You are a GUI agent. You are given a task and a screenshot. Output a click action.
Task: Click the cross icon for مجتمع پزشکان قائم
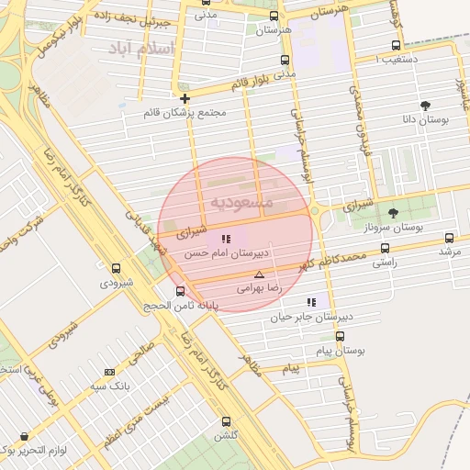click(x=185, y=98)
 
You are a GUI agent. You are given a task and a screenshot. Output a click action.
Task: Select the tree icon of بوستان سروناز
click(x=393, y=213)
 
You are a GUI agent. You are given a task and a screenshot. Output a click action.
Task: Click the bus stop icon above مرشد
click(x=449, y=237)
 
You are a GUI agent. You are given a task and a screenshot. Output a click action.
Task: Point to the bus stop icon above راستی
click(x=384, y=248)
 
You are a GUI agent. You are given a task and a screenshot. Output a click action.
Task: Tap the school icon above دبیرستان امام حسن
click(x=226, y=239)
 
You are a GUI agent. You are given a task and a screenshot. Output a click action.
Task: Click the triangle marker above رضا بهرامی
click(x=259, y=274)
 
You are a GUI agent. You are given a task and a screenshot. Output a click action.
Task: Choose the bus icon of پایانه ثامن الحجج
click(x=180, y=291)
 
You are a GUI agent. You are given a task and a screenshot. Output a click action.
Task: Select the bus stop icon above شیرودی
click(x=116, y=269)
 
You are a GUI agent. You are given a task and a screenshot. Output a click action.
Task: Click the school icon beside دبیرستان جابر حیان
click(x=311, y=301)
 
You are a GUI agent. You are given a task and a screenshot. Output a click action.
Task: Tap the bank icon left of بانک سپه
click(x=109, y=372)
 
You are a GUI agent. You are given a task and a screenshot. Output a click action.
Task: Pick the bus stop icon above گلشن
click(x=226, y=421)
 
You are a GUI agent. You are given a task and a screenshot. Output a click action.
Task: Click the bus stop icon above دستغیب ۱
click(x=396, y=45)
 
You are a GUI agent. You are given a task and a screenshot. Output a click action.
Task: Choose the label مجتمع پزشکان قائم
click(x=185, y=114)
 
